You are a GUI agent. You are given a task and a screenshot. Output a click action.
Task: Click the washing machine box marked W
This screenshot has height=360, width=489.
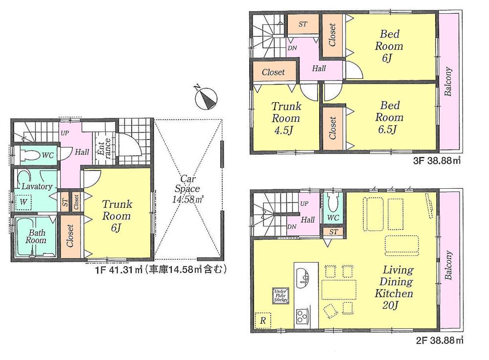coord(23,201)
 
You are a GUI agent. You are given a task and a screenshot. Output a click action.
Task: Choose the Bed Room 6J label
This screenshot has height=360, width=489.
coord(390,46)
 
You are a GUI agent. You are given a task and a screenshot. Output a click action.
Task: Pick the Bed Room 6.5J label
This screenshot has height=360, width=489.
coord(389,118)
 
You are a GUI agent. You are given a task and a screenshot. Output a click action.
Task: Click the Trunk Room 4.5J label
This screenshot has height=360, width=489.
coord(286,118)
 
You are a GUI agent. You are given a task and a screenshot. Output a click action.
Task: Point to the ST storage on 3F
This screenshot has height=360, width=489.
coord(303,23)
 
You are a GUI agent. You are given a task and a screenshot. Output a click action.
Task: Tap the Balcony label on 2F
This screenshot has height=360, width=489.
coord(448,266)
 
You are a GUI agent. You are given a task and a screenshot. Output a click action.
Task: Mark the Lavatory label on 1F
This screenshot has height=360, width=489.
coord(37,186)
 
